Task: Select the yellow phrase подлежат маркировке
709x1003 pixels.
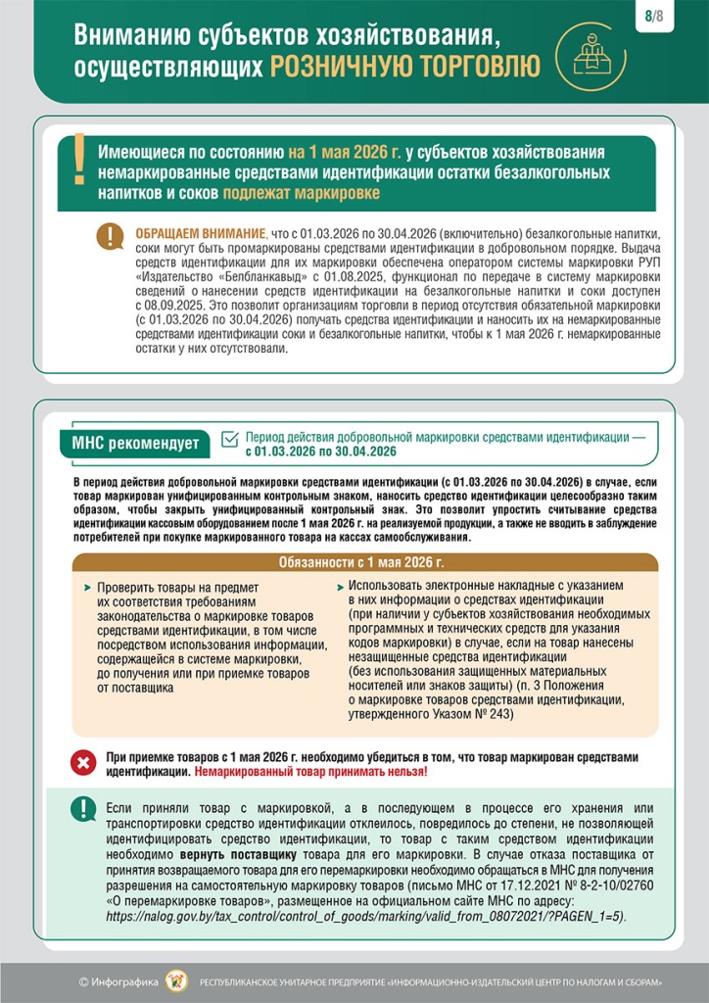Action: (302, 193)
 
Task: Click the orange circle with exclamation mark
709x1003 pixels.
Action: (110, 236)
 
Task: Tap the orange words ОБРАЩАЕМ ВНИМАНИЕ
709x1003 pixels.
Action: (200, 235)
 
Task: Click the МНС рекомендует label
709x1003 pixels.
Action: (135, 444)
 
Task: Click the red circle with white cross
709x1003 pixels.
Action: (84, 762)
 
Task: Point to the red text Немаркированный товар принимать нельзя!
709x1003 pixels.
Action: (310, 772)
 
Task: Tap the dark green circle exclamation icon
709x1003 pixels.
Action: (83, 809)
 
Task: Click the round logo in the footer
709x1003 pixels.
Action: (176, 980)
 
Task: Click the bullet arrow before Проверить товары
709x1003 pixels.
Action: (88, 588)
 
